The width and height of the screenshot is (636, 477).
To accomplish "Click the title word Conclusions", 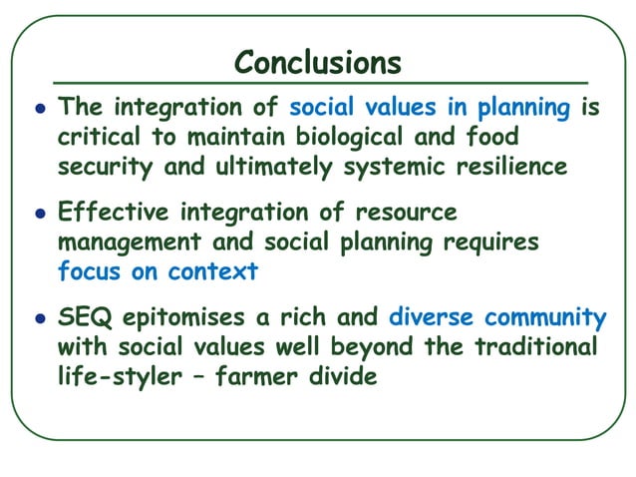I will click(318, 63).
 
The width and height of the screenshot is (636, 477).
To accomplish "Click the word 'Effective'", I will click(114, 214).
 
